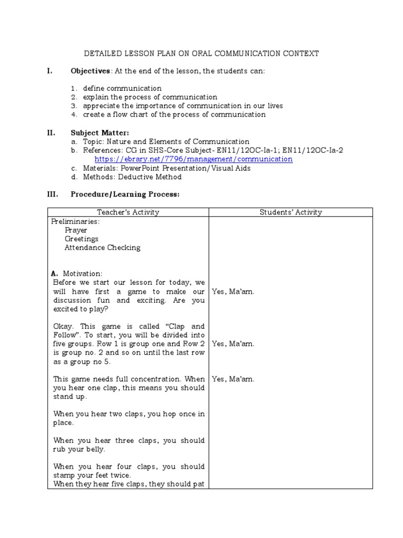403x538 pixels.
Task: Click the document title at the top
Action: [201, 54]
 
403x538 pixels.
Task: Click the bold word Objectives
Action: [90, 71]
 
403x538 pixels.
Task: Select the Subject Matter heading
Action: [99, 133]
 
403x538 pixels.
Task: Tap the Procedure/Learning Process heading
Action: [125, 194]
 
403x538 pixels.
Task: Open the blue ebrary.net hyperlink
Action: [193, 159]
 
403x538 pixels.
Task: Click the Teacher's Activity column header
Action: [128, 212]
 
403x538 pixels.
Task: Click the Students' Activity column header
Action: [291, 212]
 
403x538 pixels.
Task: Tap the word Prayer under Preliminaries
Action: [76, 230]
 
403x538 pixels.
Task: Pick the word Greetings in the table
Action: [81, 239]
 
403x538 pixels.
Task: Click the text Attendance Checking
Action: [102, 248]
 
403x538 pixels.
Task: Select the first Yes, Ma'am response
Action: [233, 292]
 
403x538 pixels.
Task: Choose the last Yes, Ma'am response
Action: [233, 379]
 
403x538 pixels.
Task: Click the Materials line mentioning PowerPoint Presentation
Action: [166, 168]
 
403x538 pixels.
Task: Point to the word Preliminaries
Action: [76, 221]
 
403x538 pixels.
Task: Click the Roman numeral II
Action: [51, 133]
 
